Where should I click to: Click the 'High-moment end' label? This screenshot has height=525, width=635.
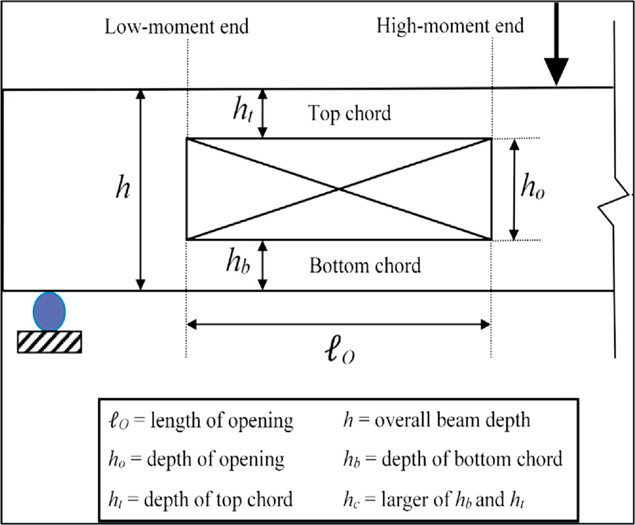[450, 27]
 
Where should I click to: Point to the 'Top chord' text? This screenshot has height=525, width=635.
[349, 114]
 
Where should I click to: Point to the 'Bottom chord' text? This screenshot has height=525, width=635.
[365, 265]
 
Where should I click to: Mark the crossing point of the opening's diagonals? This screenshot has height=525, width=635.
[338, 189]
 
